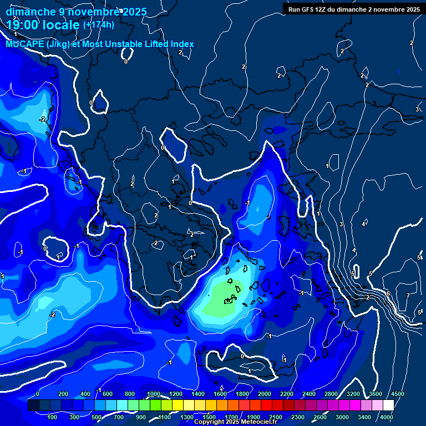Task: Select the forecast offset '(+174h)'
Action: (99, 24)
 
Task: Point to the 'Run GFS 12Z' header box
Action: (354, 9)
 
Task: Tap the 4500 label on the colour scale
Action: (397, 394)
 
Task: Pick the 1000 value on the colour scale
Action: (154, 394)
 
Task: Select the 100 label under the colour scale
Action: (53, 417)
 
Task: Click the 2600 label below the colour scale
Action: (319, 417)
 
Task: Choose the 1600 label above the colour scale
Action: (220, 394)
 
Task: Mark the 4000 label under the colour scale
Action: (387, 417)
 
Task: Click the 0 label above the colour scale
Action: (37, 394)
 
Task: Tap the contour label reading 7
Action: (408, 296)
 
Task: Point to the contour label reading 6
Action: (388, 293)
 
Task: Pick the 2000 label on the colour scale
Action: (265, 394)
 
